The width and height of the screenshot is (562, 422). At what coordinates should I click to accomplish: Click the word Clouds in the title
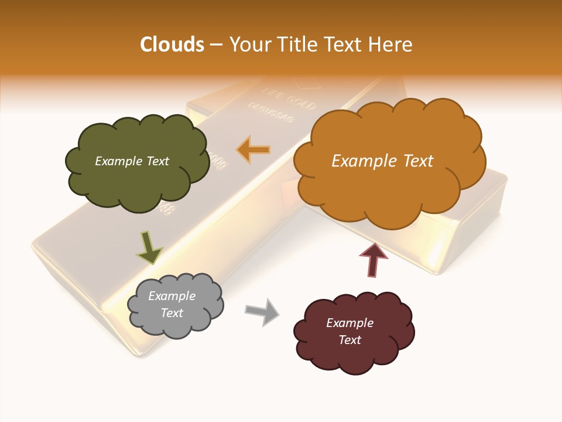tap(172, 45)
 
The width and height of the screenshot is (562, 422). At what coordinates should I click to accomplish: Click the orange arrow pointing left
tap(253, 149)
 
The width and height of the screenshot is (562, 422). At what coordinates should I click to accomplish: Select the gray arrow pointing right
tap(262, 311)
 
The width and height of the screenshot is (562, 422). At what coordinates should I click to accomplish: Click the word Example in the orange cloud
tap(363, 161)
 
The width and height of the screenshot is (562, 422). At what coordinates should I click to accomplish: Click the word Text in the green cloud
tap(157, 161)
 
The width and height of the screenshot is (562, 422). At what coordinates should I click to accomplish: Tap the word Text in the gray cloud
tap(172, 313)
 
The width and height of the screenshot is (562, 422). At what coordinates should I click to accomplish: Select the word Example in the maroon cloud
tap(349, 323)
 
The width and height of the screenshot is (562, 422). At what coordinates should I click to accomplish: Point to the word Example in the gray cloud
tap(172, 296)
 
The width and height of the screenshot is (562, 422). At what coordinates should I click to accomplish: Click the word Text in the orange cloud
tap(417, 161)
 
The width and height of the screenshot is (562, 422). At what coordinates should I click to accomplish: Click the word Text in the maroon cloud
tap(349, 340)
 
